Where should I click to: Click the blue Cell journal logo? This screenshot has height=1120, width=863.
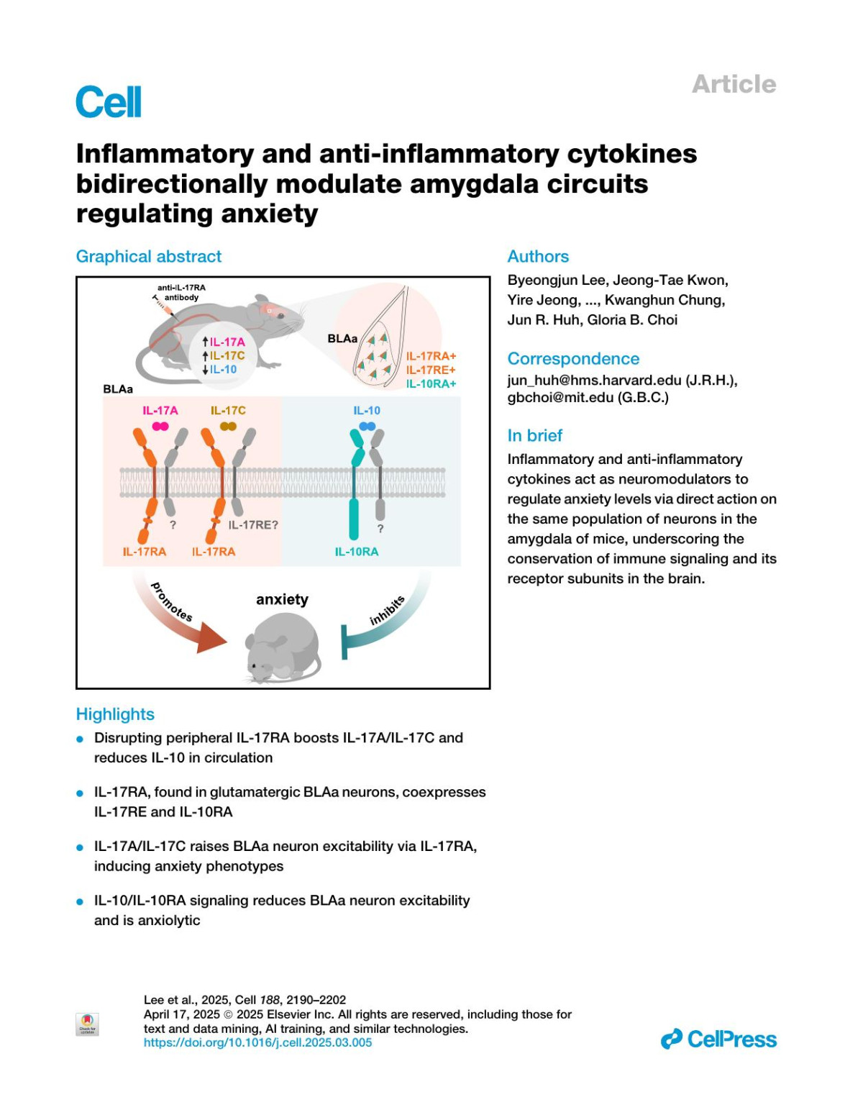click(x=109, y=101)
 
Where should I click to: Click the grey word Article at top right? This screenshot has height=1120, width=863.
click(x=734, y=84)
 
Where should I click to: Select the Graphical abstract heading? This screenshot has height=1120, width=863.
click(x=149, y=257)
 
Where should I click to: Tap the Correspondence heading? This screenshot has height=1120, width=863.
click(x=573, y=359)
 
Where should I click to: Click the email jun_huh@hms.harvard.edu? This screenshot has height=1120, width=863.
click(x=594, y=380)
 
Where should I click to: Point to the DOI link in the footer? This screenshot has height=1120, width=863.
click(x=257, y=1042)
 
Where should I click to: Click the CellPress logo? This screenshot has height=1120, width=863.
click(x=718, y=1039)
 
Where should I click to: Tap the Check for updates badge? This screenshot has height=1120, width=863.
click(x=87, y=1024)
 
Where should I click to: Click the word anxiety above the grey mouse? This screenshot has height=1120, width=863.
click(x=282, y=599)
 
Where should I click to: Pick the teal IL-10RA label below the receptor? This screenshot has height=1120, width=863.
click(x=356, y=552)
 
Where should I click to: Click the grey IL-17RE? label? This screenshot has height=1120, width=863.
click(x=253, y=525)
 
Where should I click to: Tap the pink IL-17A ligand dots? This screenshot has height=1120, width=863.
click(x=160, y=427)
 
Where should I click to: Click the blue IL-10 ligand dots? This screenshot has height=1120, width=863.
click(x=367, y=427)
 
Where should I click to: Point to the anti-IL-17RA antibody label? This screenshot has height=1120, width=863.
click(x=181, y=292)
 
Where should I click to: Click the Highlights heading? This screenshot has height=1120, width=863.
click(x=115, y=714)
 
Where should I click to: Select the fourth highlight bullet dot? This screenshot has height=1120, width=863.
click(x=81, y=902)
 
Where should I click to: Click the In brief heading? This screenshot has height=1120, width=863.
click(x=534, y=436)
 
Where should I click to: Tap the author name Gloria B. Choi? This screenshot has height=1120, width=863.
click(x=632, y=320)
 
